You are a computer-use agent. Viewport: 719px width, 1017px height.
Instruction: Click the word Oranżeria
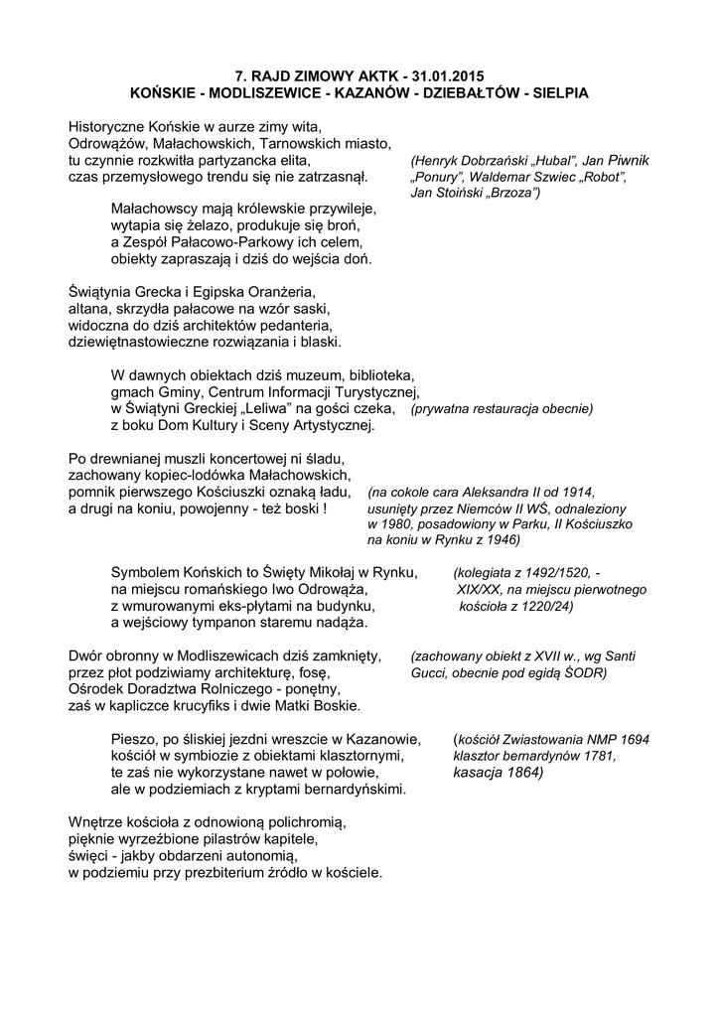tap(271, 292)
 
